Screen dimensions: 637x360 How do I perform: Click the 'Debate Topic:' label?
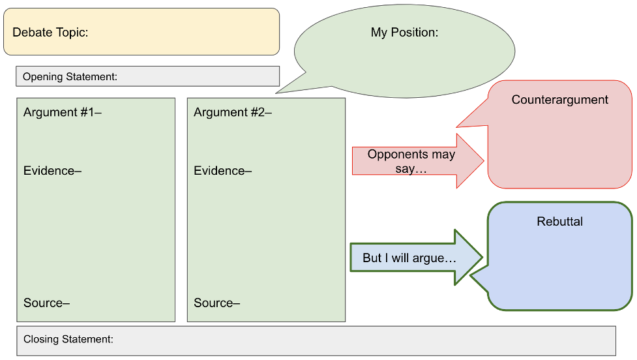50,32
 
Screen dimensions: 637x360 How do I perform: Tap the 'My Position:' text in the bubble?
405,33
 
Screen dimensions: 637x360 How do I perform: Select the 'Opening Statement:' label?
70,77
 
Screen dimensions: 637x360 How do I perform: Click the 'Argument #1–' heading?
63,112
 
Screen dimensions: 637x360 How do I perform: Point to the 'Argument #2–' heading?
233,112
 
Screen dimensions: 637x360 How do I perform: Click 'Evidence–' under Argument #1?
52,171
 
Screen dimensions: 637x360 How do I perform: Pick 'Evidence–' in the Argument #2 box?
222,171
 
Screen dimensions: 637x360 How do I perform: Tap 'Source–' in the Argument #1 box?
47,303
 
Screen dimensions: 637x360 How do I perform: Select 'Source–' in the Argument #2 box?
217,303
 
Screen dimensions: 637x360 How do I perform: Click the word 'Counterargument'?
560,100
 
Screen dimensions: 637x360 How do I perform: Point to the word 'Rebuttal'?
560,222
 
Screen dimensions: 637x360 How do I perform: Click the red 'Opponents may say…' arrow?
418,161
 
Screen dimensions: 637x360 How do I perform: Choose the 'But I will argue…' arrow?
417,257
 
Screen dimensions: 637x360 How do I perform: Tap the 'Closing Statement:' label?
68,339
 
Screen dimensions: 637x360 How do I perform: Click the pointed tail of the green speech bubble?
276,93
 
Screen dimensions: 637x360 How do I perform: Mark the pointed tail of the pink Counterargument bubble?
457,127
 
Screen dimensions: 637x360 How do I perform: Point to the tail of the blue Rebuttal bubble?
471,275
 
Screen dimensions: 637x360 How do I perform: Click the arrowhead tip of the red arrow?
484,161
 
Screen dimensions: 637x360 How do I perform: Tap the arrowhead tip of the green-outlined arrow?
482,257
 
